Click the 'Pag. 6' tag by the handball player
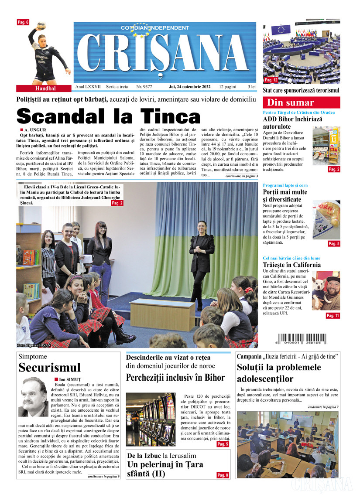click(x=23, y=22)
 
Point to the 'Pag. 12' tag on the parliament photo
click(x=271, y=80)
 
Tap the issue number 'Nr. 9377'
click(x=144, y=87)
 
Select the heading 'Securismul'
click(x=49, y=368)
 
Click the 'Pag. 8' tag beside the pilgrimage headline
click(x=222, y=475)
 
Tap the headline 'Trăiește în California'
click(x=291, y=265)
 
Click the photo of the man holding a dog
click(x=326, y=291)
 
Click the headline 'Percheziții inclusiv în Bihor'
click(x=175, y=377)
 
